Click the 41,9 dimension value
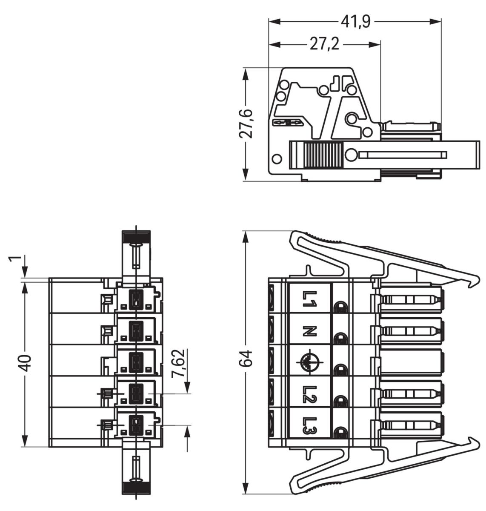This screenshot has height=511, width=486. [354, 21]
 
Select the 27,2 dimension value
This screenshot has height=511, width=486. [324, 44]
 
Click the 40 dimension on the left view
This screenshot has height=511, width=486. [26, 362]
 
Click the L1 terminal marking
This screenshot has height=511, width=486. [309, 299]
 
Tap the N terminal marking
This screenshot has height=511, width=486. [310, 331]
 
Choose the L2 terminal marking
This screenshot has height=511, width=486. [309, 394]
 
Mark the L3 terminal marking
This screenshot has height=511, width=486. [309, 425]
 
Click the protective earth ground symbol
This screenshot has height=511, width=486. [310, 362]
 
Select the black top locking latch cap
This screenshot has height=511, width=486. [136, 237]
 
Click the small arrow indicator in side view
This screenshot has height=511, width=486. [288, 123]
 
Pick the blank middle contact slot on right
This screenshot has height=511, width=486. [411, 362]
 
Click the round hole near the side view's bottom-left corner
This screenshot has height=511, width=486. [277, 159]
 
